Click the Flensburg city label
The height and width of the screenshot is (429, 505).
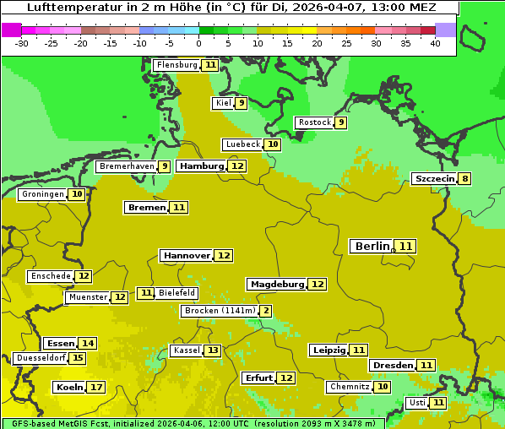(176, 65)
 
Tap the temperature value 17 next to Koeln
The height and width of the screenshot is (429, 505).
(96, 388)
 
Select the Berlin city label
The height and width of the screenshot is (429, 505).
(372, 247)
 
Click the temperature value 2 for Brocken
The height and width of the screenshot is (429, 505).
(266, 311)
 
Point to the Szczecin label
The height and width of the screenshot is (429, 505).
(434, 179)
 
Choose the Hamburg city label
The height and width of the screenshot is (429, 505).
(202, 166)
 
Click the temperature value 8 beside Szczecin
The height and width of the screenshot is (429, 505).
(464, 179)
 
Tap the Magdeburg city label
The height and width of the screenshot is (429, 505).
(276, 285)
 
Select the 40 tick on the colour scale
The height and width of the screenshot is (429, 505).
(435, 43)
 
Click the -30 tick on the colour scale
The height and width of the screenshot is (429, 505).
(22, 43)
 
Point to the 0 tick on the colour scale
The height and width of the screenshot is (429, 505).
(198, 43)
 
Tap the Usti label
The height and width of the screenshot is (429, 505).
(417, 403)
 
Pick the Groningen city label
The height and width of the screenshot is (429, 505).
(42, 194)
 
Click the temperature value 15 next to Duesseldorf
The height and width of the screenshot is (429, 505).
(78, 358)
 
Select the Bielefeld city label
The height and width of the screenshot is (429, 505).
(177, 293)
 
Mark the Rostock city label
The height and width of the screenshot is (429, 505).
(314, 122)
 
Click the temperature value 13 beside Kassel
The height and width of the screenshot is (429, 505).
(213, 350)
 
